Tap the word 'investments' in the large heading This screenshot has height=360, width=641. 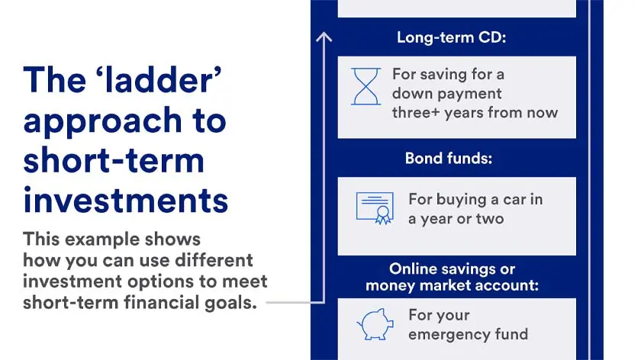point(126,200)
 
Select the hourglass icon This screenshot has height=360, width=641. point(366,86)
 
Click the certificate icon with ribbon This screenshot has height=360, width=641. point(375,207)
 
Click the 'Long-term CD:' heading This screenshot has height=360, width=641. point(451,37)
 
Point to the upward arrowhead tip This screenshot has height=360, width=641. point(324,34)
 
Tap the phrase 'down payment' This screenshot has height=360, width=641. point(447,94)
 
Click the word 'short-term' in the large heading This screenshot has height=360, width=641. point(114,160)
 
